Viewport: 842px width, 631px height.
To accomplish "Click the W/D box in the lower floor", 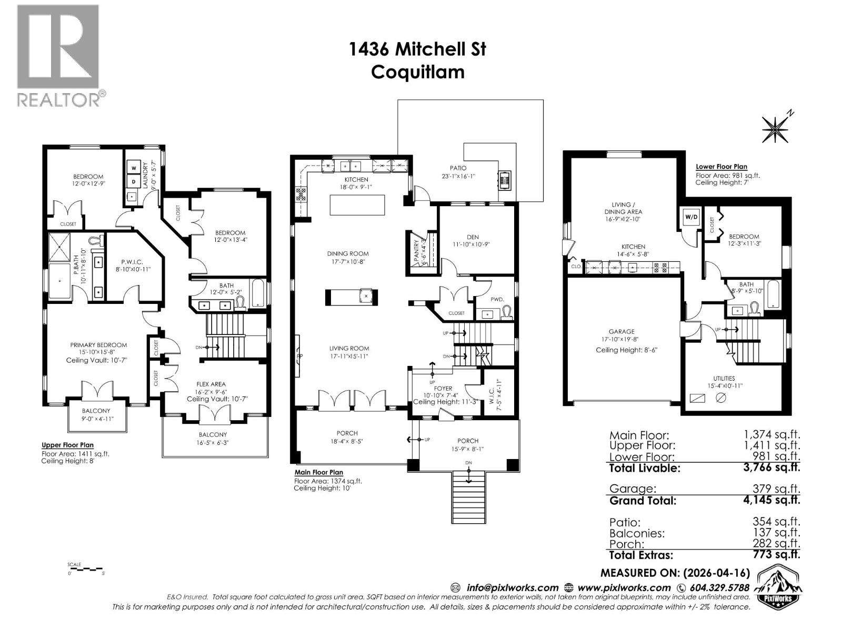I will click(690, 217).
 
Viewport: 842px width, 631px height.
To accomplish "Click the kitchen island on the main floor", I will click(357, 205).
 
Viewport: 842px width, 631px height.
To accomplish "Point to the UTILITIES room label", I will click(725, 378).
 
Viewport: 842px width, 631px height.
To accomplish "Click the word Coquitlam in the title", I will click(417, 72).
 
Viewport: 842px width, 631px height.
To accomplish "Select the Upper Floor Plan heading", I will click(67, 445).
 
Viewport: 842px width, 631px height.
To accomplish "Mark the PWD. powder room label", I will click(497, 299).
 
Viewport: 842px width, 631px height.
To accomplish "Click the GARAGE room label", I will click(622, 332).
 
